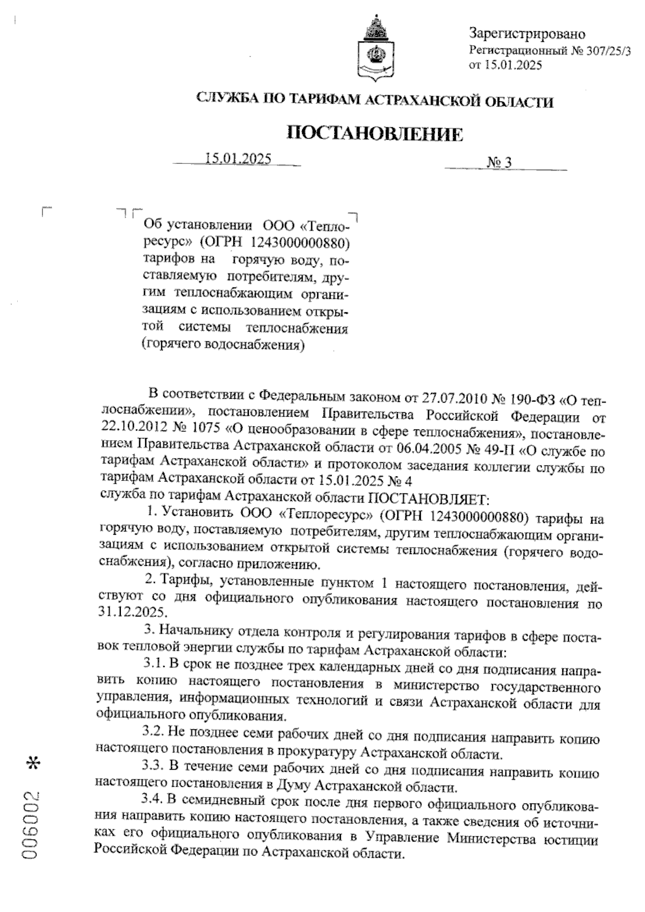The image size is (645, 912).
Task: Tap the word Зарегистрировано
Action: pyautogui.click(x=527, y=34)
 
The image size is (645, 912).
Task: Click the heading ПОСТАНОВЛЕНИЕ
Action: pyautogui.click(x=375, y=134)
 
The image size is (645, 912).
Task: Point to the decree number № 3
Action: pyautogui.click(x=499, y=163)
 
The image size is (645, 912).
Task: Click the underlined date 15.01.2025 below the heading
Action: pyautogui.click(x=238, y=159)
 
